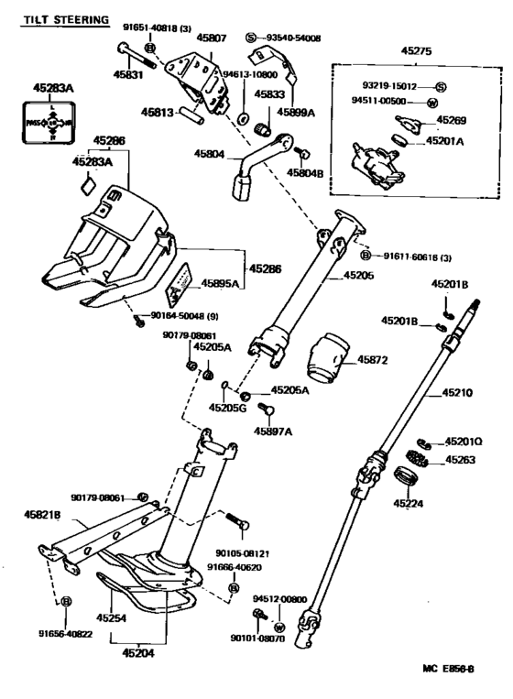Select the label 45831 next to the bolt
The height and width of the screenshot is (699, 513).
(x=128, y=75)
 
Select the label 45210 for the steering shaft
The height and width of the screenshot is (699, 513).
(x=456, y=392)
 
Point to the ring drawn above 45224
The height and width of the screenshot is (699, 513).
(x=405, y=477)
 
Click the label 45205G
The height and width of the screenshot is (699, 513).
(x=228, y=408)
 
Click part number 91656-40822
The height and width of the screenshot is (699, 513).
(x=66, y=633)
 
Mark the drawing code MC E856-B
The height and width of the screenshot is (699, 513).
(x=448, y=671)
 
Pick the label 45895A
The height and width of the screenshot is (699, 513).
(x=221, y=284)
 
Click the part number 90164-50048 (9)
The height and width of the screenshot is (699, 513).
(x=181, y=316)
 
